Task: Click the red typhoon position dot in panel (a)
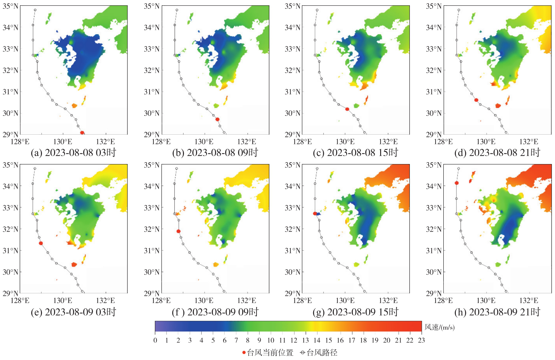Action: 82,133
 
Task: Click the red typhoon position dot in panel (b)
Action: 217,119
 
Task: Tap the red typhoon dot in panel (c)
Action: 347,109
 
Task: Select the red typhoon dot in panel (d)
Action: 476,100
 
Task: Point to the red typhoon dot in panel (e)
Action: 41,243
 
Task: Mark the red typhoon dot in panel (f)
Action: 178,231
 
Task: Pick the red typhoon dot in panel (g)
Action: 315,213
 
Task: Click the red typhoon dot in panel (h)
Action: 457,183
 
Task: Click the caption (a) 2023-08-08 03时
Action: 74,152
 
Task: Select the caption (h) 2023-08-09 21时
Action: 497,312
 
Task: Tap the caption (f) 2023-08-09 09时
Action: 215,312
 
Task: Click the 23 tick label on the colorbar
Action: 421,340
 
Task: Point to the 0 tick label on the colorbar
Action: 155,340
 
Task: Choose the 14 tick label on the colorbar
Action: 317,340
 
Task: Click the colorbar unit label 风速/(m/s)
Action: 440,327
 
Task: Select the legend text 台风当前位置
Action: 270,353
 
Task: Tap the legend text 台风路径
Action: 322,353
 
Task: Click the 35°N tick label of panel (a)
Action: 11,6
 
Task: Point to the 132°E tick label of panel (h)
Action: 529,301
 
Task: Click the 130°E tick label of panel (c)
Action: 345,142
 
